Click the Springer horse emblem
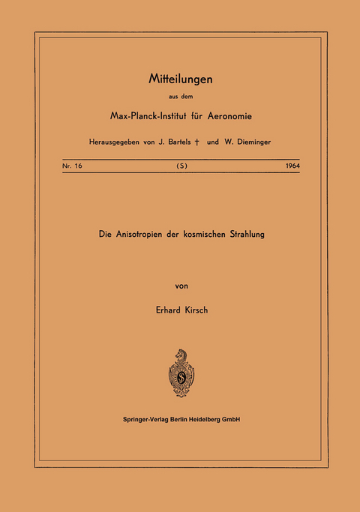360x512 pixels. point(179,373)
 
